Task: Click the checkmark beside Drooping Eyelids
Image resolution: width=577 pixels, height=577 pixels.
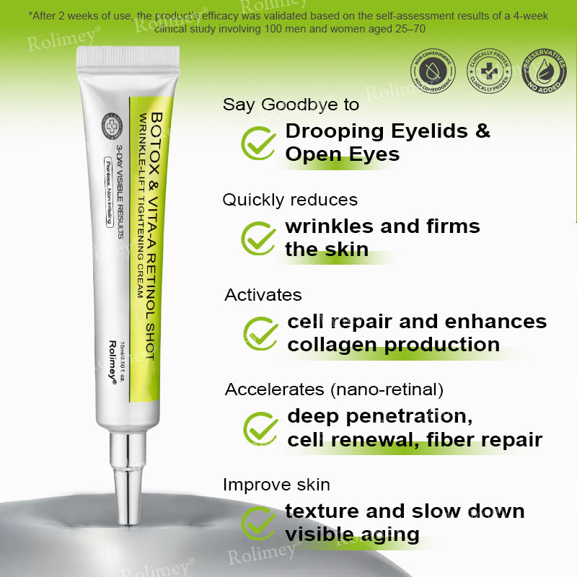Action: pos(258,142)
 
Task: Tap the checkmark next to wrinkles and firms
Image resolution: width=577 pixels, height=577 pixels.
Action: pos(258,237)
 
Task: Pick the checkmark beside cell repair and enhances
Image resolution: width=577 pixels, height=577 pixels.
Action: pos(260,332)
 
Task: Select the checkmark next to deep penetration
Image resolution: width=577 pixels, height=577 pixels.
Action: pos(260,428)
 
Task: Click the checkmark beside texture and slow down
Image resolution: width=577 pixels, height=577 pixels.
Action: pos(258,523)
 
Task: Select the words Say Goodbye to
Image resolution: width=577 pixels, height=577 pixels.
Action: pos(291,105)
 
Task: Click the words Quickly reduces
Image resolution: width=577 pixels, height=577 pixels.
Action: pos(290,200)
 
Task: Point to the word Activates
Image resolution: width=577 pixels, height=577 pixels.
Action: pos(263,295)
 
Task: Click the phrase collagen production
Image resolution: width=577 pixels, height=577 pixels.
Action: pos(393,345)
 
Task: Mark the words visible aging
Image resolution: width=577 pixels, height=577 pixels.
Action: pos(352,534)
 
